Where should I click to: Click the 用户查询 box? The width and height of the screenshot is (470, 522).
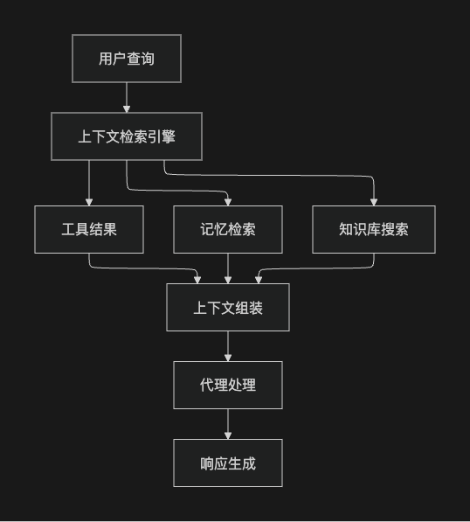(x=127, y=59)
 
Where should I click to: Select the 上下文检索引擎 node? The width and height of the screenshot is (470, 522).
(x=127, y=136)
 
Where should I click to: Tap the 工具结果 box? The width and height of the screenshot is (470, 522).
(x=89, y=229)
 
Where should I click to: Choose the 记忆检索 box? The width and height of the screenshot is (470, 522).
(x=228, y=229)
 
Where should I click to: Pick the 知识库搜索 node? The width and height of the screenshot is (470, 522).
(x=374, y=229)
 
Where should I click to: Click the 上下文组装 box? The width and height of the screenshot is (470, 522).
(x=228, y=308)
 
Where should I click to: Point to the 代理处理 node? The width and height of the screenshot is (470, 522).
(x=228, y=385)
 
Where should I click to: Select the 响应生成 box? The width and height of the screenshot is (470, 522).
(x=228, y=463)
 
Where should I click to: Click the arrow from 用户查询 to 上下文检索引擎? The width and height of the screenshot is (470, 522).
(x=127, y=97)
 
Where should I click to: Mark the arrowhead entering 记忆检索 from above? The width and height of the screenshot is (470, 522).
(x=228, y=201)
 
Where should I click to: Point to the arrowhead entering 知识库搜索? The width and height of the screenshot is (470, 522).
(x=374, y=201)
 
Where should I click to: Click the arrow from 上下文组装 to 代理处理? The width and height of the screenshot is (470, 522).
(x=228, y=345)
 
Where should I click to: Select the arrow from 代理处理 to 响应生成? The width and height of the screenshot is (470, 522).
(x=228, y=423)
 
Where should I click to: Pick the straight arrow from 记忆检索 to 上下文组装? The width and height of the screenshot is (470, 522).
(x=228, y=268)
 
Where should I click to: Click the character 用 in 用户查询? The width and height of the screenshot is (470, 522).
(x=106, y=59)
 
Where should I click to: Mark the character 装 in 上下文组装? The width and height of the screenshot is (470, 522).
(x=256, y=308)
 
